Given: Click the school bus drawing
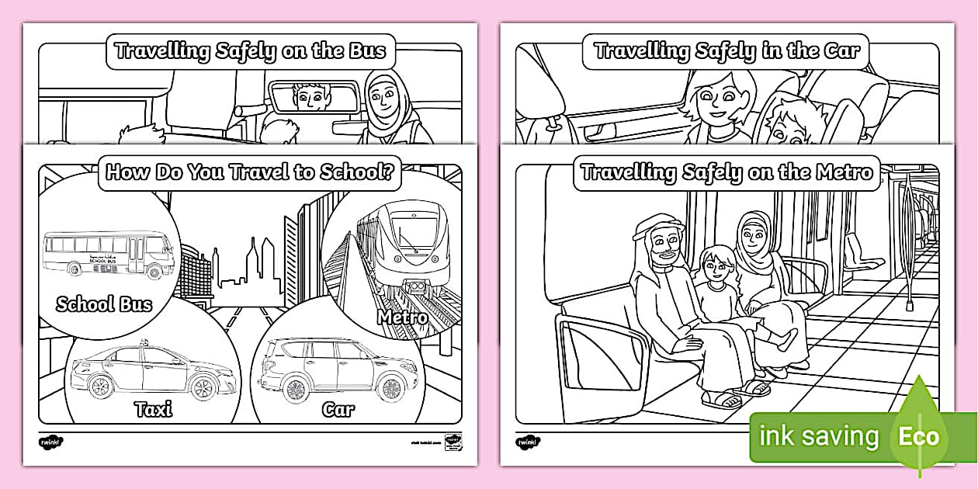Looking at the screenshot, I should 108,254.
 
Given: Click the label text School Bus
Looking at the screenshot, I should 103,303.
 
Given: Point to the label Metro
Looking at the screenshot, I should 403,317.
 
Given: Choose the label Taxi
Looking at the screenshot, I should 154,408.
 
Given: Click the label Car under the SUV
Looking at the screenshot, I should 338,408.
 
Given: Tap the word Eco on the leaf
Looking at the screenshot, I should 919,436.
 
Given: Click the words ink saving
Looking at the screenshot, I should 819,436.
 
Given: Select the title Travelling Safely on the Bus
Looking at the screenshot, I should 250,52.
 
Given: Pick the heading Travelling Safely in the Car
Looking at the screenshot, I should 727,52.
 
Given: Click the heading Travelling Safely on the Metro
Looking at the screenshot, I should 727,172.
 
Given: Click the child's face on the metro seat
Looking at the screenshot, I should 715,266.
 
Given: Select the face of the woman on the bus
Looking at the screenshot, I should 383,97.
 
